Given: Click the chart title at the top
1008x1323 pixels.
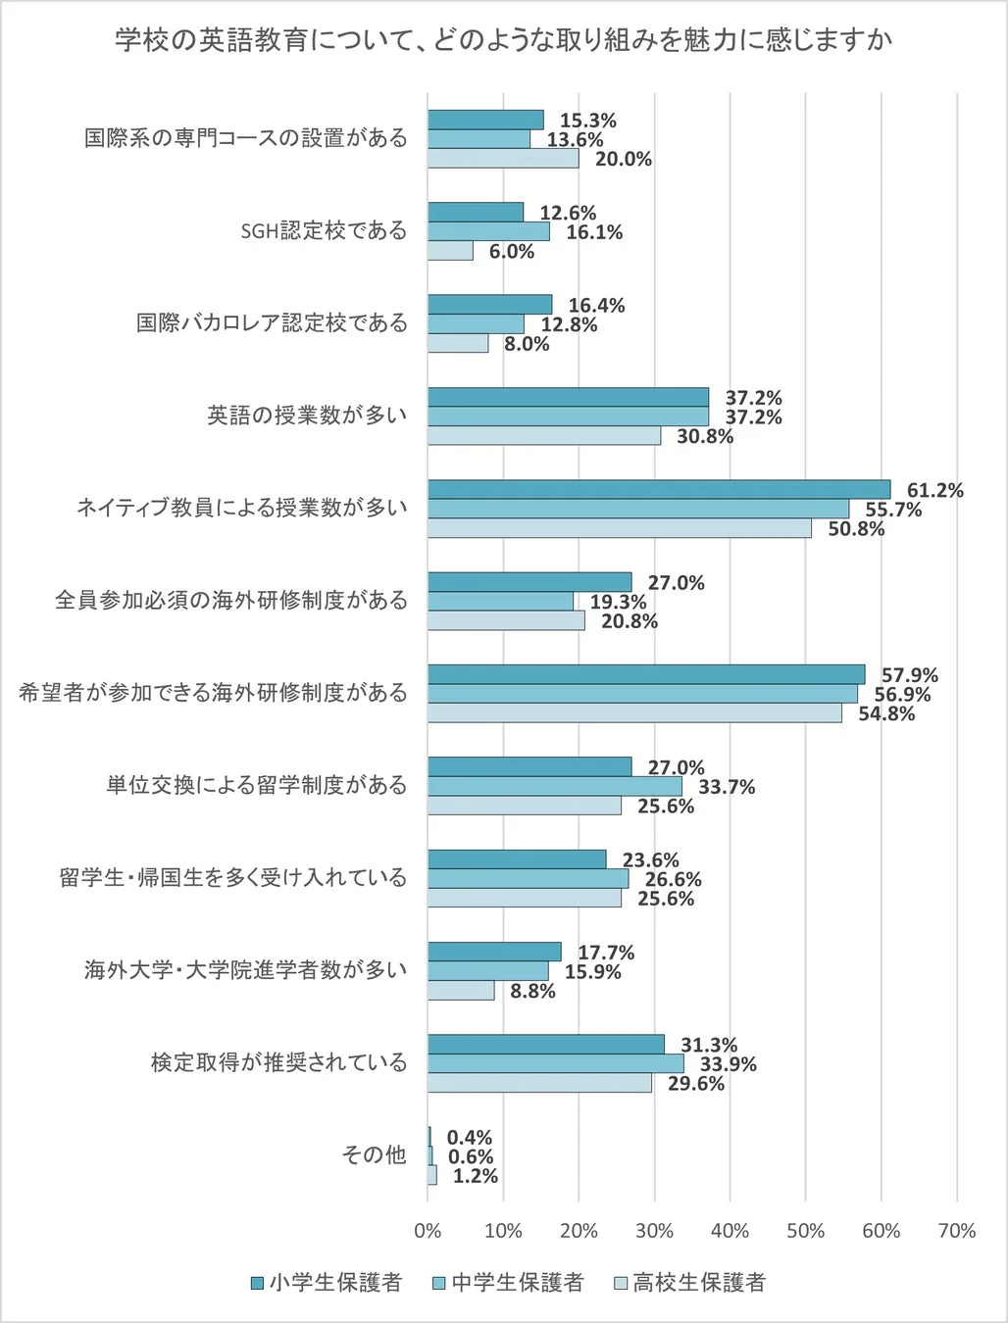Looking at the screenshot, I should (x=503, y=40).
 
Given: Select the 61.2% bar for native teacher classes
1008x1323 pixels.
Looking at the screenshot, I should (x=659, y=489).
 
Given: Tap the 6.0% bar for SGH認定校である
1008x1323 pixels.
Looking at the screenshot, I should (x=450, y=251).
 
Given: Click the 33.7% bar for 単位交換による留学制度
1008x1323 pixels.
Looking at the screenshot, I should (x=555, y=786).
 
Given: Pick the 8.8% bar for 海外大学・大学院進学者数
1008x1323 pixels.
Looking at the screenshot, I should (x=461, y=991).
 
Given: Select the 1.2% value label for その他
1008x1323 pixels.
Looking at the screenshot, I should (x=475, y=1176).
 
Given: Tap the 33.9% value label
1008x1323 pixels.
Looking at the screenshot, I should (x=728, y=1064).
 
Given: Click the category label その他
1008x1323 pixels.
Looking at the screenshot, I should (x=373, y=1155).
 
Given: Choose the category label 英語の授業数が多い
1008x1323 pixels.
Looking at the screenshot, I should (x=306, y=416).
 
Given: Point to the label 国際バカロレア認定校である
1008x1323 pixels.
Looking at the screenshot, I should (x=272, y=323).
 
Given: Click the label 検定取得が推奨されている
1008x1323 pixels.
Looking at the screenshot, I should (x=278, y=1063).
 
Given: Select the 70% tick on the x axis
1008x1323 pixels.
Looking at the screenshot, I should (x=956, y=1231).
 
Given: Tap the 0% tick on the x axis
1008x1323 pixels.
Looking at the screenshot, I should (x=428, y=1231).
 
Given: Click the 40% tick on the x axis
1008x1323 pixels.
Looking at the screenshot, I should (x=730, y=1231).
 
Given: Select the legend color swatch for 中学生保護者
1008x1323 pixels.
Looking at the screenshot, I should (x=439, y=1283).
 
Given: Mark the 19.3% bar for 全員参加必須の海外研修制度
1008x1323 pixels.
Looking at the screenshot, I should (x=500, y=602).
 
